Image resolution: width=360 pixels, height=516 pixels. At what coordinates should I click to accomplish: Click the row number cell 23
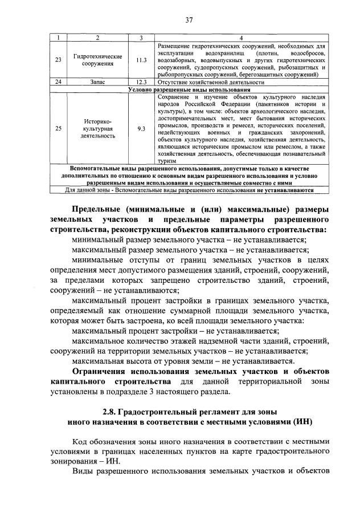tap(58, 60)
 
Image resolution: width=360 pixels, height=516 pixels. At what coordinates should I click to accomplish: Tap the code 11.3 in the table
tap(141, 60)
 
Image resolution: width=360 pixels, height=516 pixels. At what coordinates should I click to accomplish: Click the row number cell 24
tap(58, 82)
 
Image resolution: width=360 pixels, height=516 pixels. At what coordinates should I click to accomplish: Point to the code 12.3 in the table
tap(141, 82)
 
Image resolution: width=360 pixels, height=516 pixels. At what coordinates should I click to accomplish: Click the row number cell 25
tap(58, 129)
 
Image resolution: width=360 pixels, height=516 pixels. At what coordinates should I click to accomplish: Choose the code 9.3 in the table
tap(141, 129)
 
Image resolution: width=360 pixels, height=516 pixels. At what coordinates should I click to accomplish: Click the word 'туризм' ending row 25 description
tap(167, 161)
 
